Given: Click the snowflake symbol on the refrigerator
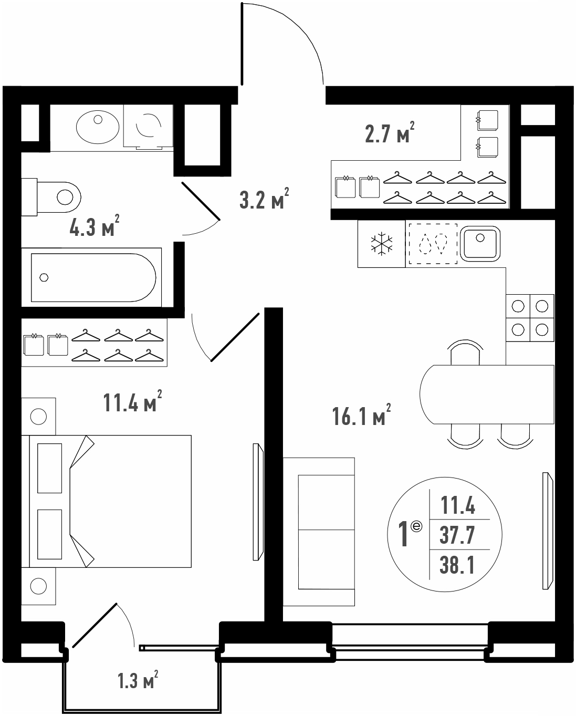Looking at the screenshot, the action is pyautogui.click(x=381, y=244).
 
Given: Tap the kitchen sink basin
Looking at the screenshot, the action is pyautogui.click(x=480, y=244).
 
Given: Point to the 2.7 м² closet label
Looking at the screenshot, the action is pyautogui.click(x=390, y=132).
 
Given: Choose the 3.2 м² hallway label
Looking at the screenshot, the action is pyautogui.click(x=264, y=198).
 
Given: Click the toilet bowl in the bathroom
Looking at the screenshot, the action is pyautogui.click(x=59, y=198).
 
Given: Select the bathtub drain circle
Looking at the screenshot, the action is pyautogui.click(x=44, y=277).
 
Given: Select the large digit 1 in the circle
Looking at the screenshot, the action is pyautogui.click(x=403, y=534).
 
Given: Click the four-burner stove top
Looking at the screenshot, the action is pyautogui.click(x=530, y=318).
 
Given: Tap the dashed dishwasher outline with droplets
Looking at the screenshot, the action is pyautogui.click(x=433, y=244).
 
